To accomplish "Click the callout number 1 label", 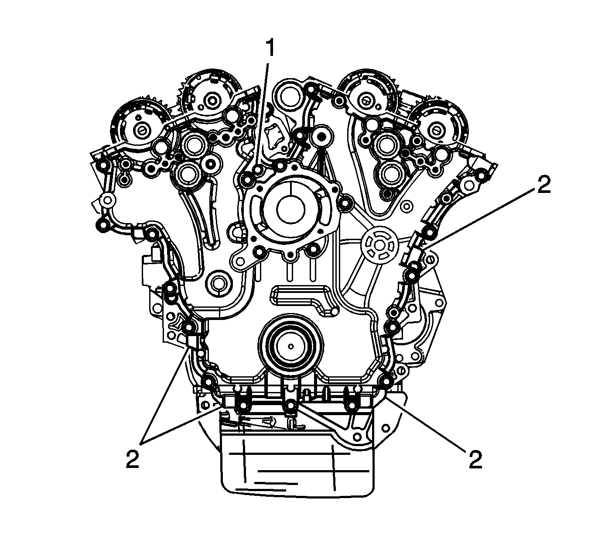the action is click(x=270, y=48).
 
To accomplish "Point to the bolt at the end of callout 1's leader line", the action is click(x=258, y=170).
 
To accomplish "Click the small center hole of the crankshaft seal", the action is click(x=291, y=346).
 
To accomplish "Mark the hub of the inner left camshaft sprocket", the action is click(x=212, y=101).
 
